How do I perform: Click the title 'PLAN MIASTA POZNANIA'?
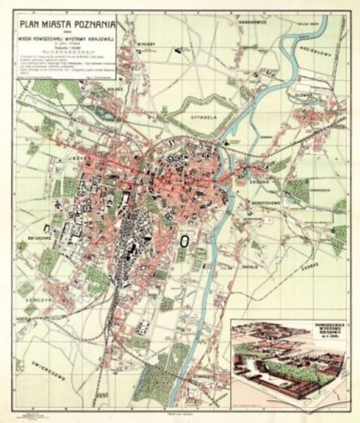click(66, 23)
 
